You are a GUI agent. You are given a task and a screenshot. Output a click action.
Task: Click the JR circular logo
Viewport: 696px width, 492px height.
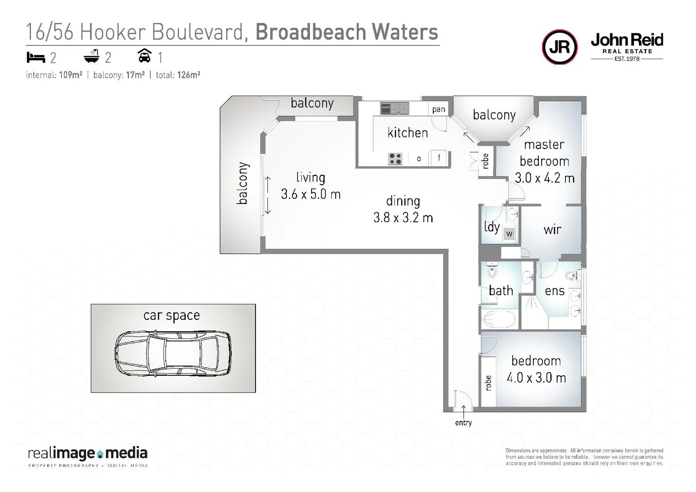(559, 47)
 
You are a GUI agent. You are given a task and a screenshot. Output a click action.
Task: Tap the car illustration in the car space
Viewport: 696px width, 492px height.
(173, 353)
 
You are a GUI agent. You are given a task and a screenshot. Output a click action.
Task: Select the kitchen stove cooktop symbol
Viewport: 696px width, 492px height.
(395, 159)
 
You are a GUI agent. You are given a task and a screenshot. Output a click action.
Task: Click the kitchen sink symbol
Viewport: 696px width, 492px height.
(394, 108)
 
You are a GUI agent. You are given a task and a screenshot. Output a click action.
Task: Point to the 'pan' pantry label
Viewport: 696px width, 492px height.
(439, 109)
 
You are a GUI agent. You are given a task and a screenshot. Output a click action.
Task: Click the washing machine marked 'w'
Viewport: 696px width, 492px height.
(509, 234)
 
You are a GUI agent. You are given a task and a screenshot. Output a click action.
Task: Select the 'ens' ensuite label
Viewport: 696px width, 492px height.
(554, 291)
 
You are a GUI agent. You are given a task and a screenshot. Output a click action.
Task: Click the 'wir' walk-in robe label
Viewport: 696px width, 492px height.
(552, 230)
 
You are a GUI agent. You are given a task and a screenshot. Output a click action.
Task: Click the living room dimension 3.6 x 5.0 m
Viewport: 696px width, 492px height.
(311, 195)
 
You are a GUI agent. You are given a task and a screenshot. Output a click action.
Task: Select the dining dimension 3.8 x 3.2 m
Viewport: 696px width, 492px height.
(403, 218)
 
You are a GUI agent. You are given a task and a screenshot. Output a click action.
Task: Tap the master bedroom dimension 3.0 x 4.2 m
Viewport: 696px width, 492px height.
(544, 178)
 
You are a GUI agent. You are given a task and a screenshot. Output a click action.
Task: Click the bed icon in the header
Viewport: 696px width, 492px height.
(36, 57)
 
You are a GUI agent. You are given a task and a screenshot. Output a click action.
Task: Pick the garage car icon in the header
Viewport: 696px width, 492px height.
(144, 56)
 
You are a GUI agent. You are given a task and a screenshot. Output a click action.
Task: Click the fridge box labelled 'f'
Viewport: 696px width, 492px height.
(439, 158)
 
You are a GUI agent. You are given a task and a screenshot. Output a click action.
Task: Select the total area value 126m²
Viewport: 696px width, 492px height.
(189, 75)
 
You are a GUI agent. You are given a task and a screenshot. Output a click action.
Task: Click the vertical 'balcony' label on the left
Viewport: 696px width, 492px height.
(242, 184)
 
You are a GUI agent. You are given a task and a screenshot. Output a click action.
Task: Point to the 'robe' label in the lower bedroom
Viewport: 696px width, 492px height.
(488, 383)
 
